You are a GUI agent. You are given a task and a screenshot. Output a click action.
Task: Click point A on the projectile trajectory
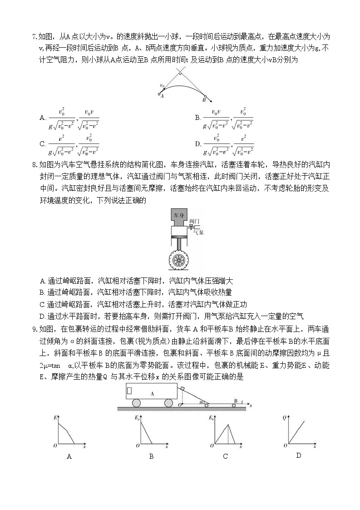pyautogui.click(x=159, y=94)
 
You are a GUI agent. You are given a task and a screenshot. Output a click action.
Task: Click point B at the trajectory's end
pyautogui.click(x=205, y=96)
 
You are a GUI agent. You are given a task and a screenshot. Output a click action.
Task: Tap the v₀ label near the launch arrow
pyautogui.click(x=162, y=85)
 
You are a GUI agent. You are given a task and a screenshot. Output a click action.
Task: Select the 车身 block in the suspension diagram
pyautogui.click(x=178, y=215)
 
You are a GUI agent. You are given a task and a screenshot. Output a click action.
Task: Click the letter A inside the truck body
pyautogui.click(x=153, y=394)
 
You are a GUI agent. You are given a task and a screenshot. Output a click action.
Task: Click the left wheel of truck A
pyautogui.click(x=137, y=403)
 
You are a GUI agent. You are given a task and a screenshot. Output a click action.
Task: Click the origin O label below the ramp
pyautogui.click(x=180, y=403)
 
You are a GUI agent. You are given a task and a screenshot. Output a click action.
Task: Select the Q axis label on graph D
pyautogui.click(x=284, y=416)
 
